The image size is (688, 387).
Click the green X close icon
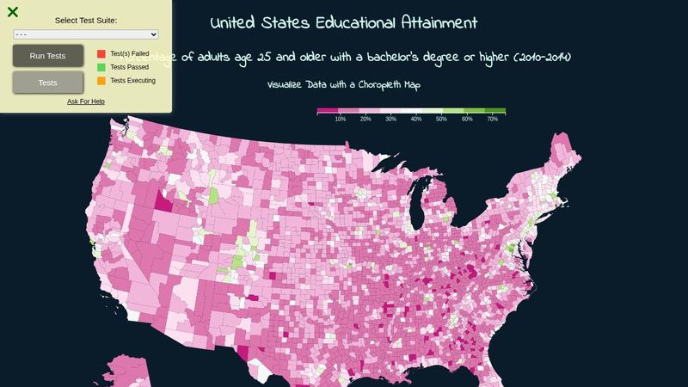(x=13, y=12)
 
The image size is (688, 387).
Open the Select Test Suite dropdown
(x=86, y=34)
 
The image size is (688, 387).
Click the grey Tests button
(x=48, y=83)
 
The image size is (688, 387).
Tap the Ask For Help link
(x=86, y=101)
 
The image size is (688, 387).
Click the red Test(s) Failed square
(x=101, y=53)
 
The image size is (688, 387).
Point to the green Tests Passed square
(x=101, y=67)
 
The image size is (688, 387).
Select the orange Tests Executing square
(x=101, y=81)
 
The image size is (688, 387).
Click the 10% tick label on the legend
(x=341, y=119)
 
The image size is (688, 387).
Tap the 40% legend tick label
(x=416, y=119)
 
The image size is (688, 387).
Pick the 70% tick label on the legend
(x=493, y=119)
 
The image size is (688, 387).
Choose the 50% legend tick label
(x=441, y=119)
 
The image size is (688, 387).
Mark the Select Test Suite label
(x=86, y=20)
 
